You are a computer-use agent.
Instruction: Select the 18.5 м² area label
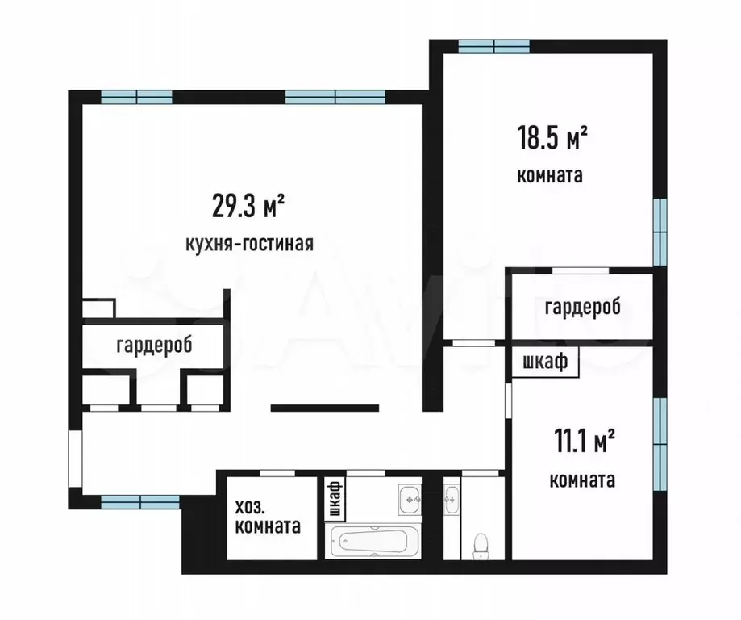(552, 139)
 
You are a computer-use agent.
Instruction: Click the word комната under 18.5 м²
(550, 175)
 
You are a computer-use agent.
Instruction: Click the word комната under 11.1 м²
(582, 480)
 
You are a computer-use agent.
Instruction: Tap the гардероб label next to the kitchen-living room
(154, 346)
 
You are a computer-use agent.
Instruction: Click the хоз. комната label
(268, 517)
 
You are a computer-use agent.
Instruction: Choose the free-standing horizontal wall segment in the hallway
(324, 408)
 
